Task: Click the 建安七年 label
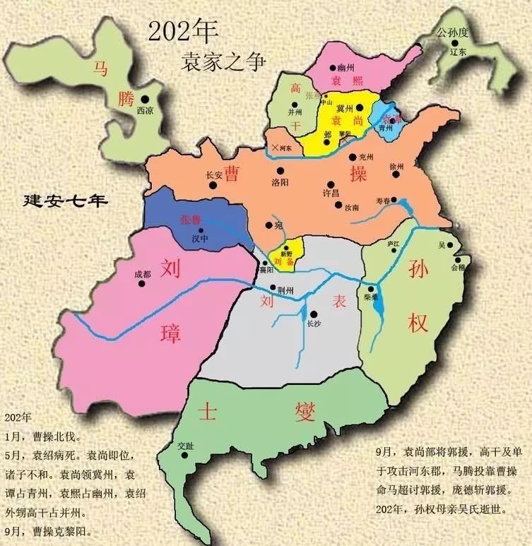click(65, 200)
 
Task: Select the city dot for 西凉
click(145, 100)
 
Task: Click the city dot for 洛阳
click(280, 170)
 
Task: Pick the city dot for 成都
click(142, 284)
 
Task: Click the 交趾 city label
click(186, 446)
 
